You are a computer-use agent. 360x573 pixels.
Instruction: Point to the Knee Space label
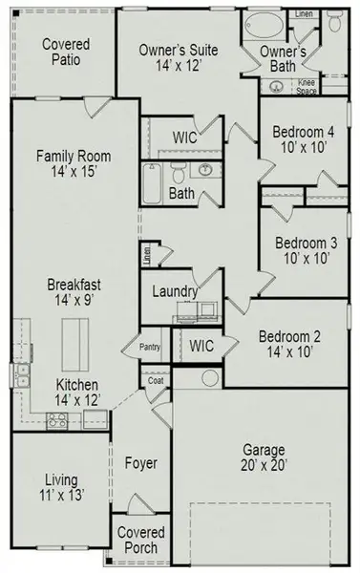[307, 87]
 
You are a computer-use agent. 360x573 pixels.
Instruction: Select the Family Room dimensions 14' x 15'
[74, 173]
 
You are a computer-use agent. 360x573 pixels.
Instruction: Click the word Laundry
[175, 291]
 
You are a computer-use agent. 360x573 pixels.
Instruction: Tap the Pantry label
[149, 348]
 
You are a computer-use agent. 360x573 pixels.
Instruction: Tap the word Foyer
[140, 464]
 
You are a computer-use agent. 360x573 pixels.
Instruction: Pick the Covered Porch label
[139, 541]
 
